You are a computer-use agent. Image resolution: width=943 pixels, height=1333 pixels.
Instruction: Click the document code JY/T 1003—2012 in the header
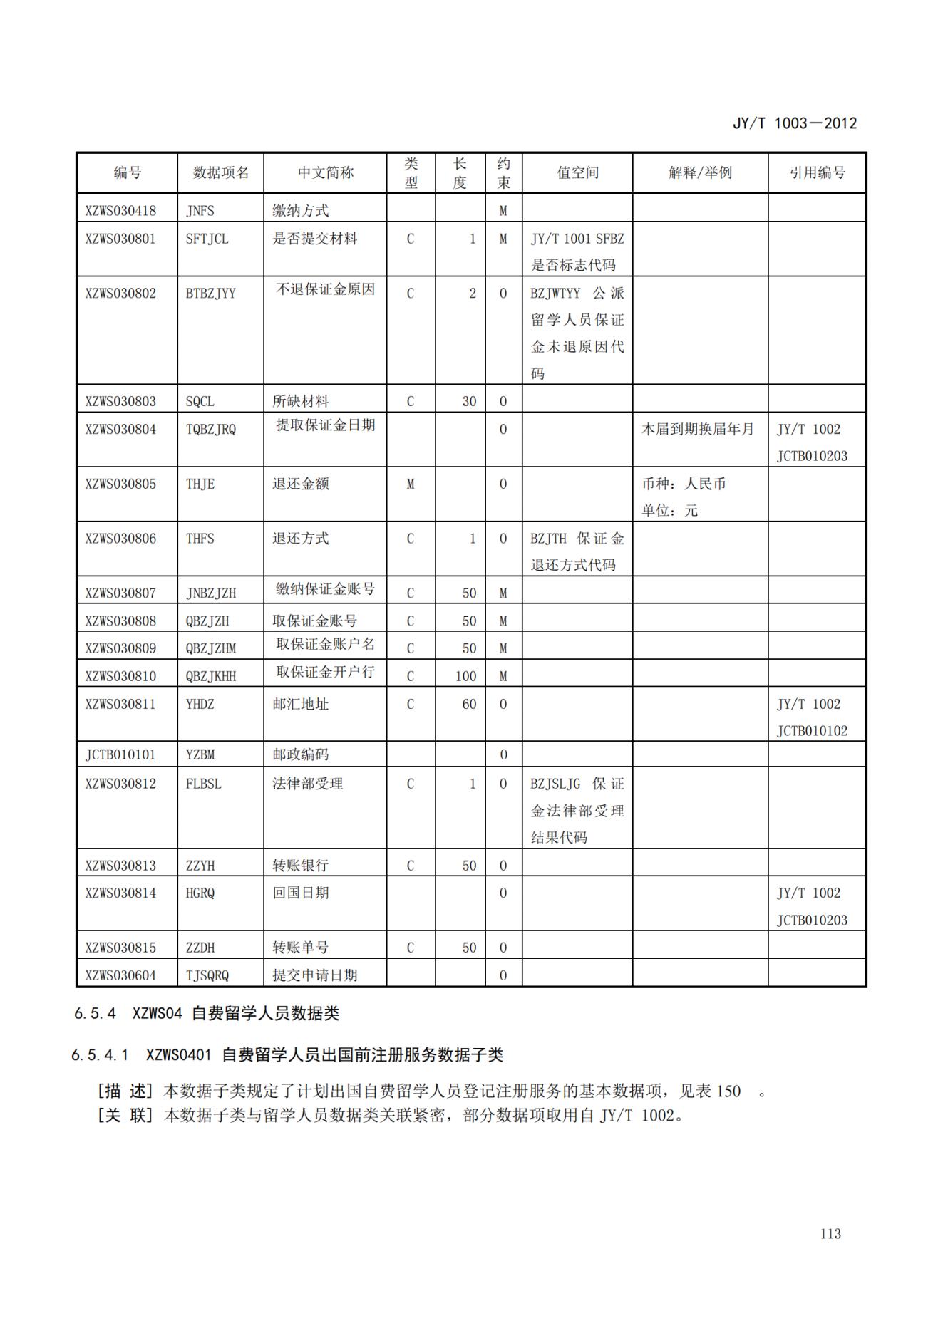coord(794,123)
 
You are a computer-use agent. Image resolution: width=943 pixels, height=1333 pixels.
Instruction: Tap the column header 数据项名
coord(221,172)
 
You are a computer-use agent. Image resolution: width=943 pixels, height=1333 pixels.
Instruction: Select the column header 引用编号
coord(817,172)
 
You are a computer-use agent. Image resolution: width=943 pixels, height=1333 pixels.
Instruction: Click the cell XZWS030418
coord(120,211)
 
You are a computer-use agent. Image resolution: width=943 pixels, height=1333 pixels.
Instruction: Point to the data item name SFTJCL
coord(207,239)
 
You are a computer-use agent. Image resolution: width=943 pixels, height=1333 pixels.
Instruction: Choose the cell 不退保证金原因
coord(325,289)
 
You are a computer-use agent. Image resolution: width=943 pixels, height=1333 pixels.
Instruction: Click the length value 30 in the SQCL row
coord(468,401)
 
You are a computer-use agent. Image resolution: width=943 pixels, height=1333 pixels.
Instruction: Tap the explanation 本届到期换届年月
coord(697,429)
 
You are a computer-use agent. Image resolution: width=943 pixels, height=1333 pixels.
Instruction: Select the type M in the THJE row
coord(411,484)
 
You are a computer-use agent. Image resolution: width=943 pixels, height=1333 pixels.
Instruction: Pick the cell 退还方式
coord(300,539)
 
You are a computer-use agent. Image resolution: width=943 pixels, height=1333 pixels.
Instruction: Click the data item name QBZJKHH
coord(210,676)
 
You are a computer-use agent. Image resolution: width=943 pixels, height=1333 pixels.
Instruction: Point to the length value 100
coord(465,676)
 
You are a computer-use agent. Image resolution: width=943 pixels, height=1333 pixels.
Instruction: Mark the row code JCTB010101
coord(120,754)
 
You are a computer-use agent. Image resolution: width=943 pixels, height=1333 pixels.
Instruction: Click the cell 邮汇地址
coord(300,704)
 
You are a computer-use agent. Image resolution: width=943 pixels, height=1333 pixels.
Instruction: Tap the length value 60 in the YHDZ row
coord(468,704)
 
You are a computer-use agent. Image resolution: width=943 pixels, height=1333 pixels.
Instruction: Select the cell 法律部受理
coord(307,784)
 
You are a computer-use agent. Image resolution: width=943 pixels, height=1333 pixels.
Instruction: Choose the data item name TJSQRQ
coord(207,975)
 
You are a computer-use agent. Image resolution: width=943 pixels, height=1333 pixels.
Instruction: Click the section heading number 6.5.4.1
coord(100,1054)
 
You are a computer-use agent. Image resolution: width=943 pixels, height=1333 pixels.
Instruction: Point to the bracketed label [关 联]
coord(125,1115)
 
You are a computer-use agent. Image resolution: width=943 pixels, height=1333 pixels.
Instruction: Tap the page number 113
coord(830,1234)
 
